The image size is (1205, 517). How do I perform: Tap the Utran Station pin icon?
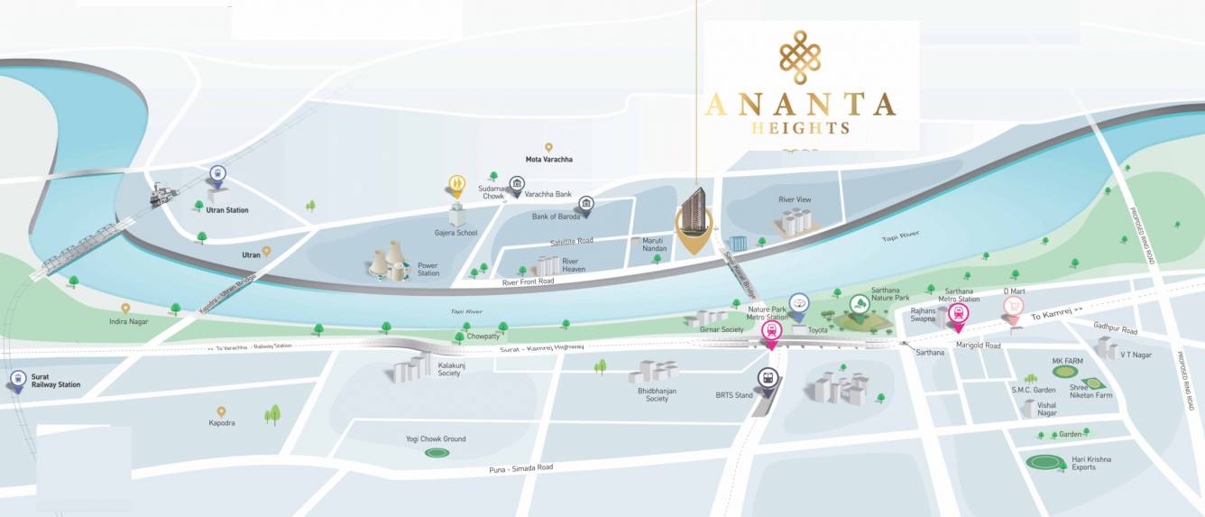point(216,175)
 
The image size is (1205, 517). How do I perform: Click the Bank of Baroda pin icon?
point(586,205)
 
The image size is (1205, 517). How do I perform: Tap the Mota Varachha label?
point(548,160)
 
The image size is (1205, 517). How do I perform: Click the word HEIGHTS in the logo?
point(800,128)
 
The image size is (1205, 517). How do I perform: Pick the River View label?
point(795,199)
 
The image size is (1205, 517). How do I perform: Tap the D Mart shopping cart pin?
point(1014,308)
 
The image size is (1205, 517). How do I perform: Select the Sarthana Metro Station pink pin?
point(958,314)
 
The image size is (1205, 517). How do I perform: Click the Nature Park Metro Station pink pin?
point(771,332)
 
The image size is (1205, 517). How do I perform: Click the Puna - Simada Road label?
point(517,468)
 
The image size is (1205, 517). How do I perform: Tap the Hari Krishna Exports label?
point(1091,464)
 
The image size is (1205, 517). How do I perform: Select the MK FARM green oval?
point(1066,371)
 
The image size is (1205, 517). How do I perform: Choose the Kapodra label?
point(221,422)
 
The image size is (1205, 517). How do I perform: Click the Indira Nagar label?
point(128,321)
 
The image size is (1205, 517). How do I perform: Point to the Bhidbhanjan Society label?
point(657,394)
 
